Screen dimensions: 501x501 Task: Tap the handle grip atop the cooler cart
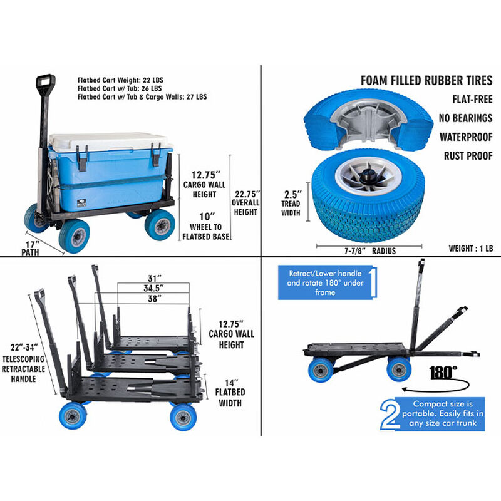tap(45, 82)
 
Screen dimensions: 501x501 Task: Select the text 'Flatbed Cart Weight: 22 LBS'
tap(120, 80)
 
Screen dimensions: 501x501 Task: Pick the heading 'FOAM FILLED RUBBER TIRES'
tap(426, 81)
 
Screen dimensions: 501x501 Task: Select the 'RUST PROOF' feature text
tap(468, 155)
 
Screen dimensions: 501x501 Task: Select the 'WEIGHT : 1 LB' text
tap(470, 249)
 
